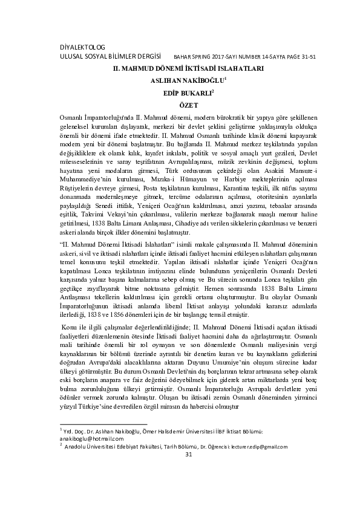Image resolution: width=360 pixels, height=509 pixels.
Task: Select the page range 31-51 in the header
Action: pyautogui.click(x=305, y=57)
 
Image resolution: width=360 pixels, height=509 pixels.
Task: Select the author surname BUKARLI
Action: pyautogui.click(x=192, y=93)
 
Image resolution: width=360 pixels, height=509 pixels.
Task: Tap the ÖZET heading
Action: pyautogui.click(x=180, y=105)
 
